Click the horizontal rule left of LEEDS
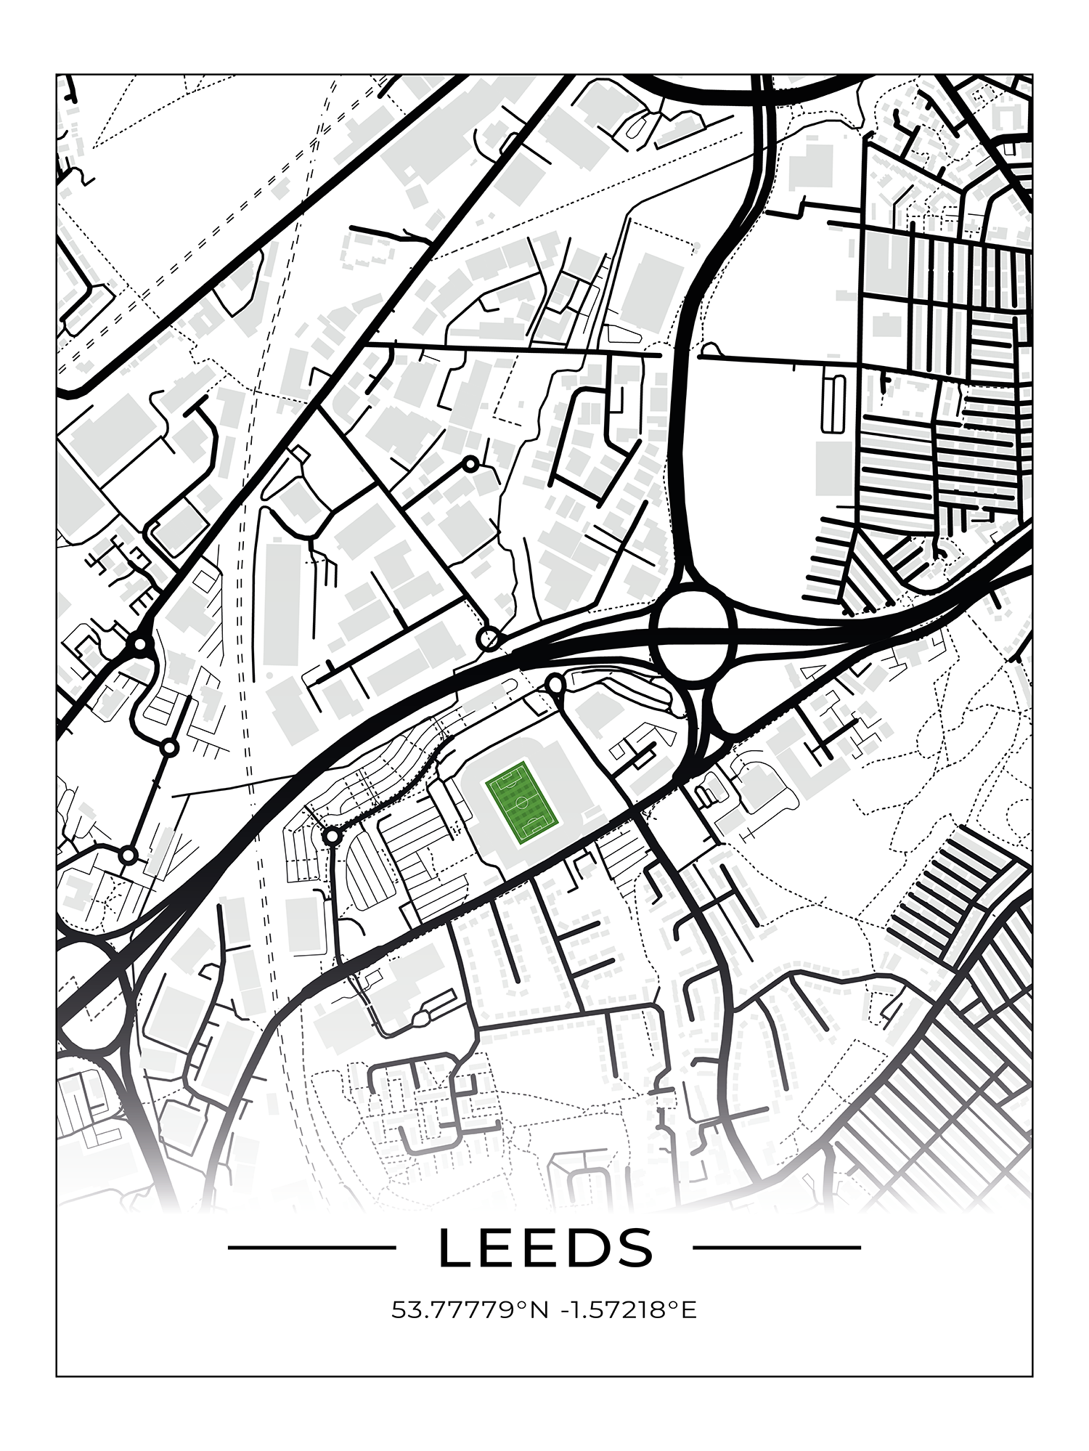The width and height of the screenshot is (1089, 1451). [312, 1248]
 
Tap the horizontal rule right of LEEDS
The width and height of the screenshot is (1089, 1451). [777, 1248]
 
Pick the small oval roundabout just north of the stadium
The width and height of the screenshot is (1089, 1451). [555, 684]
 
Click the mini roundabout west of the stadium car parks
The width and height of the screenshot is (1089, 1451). [333, 837]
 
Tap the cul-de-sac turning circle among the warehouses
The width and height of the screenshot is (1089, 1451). [471, 463]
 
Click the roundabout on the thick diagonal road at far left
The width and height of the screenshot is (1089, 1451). [138, 643]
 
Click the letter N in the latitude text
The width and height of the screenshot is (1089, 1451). [539, 1311]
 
